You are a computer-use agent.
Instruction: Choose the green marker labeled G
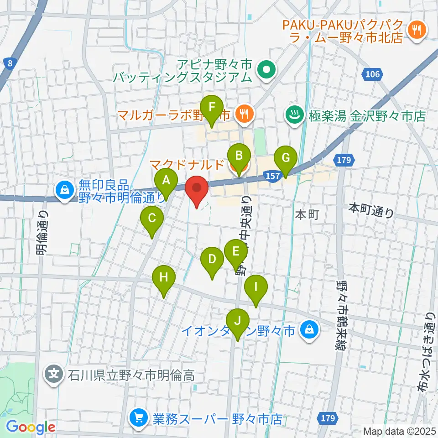(286, 158)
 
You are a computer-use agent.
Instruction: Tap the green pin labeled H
(164, 277)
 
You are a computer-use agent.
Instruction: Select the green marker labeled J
(237, 320)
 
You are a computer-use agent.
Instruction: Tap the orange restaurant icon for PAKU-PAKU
(417, 30)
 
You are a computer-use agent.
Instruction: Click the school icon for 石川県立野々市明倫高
(54, 375)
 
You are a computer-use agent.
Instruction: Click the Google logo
(31, 427)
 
